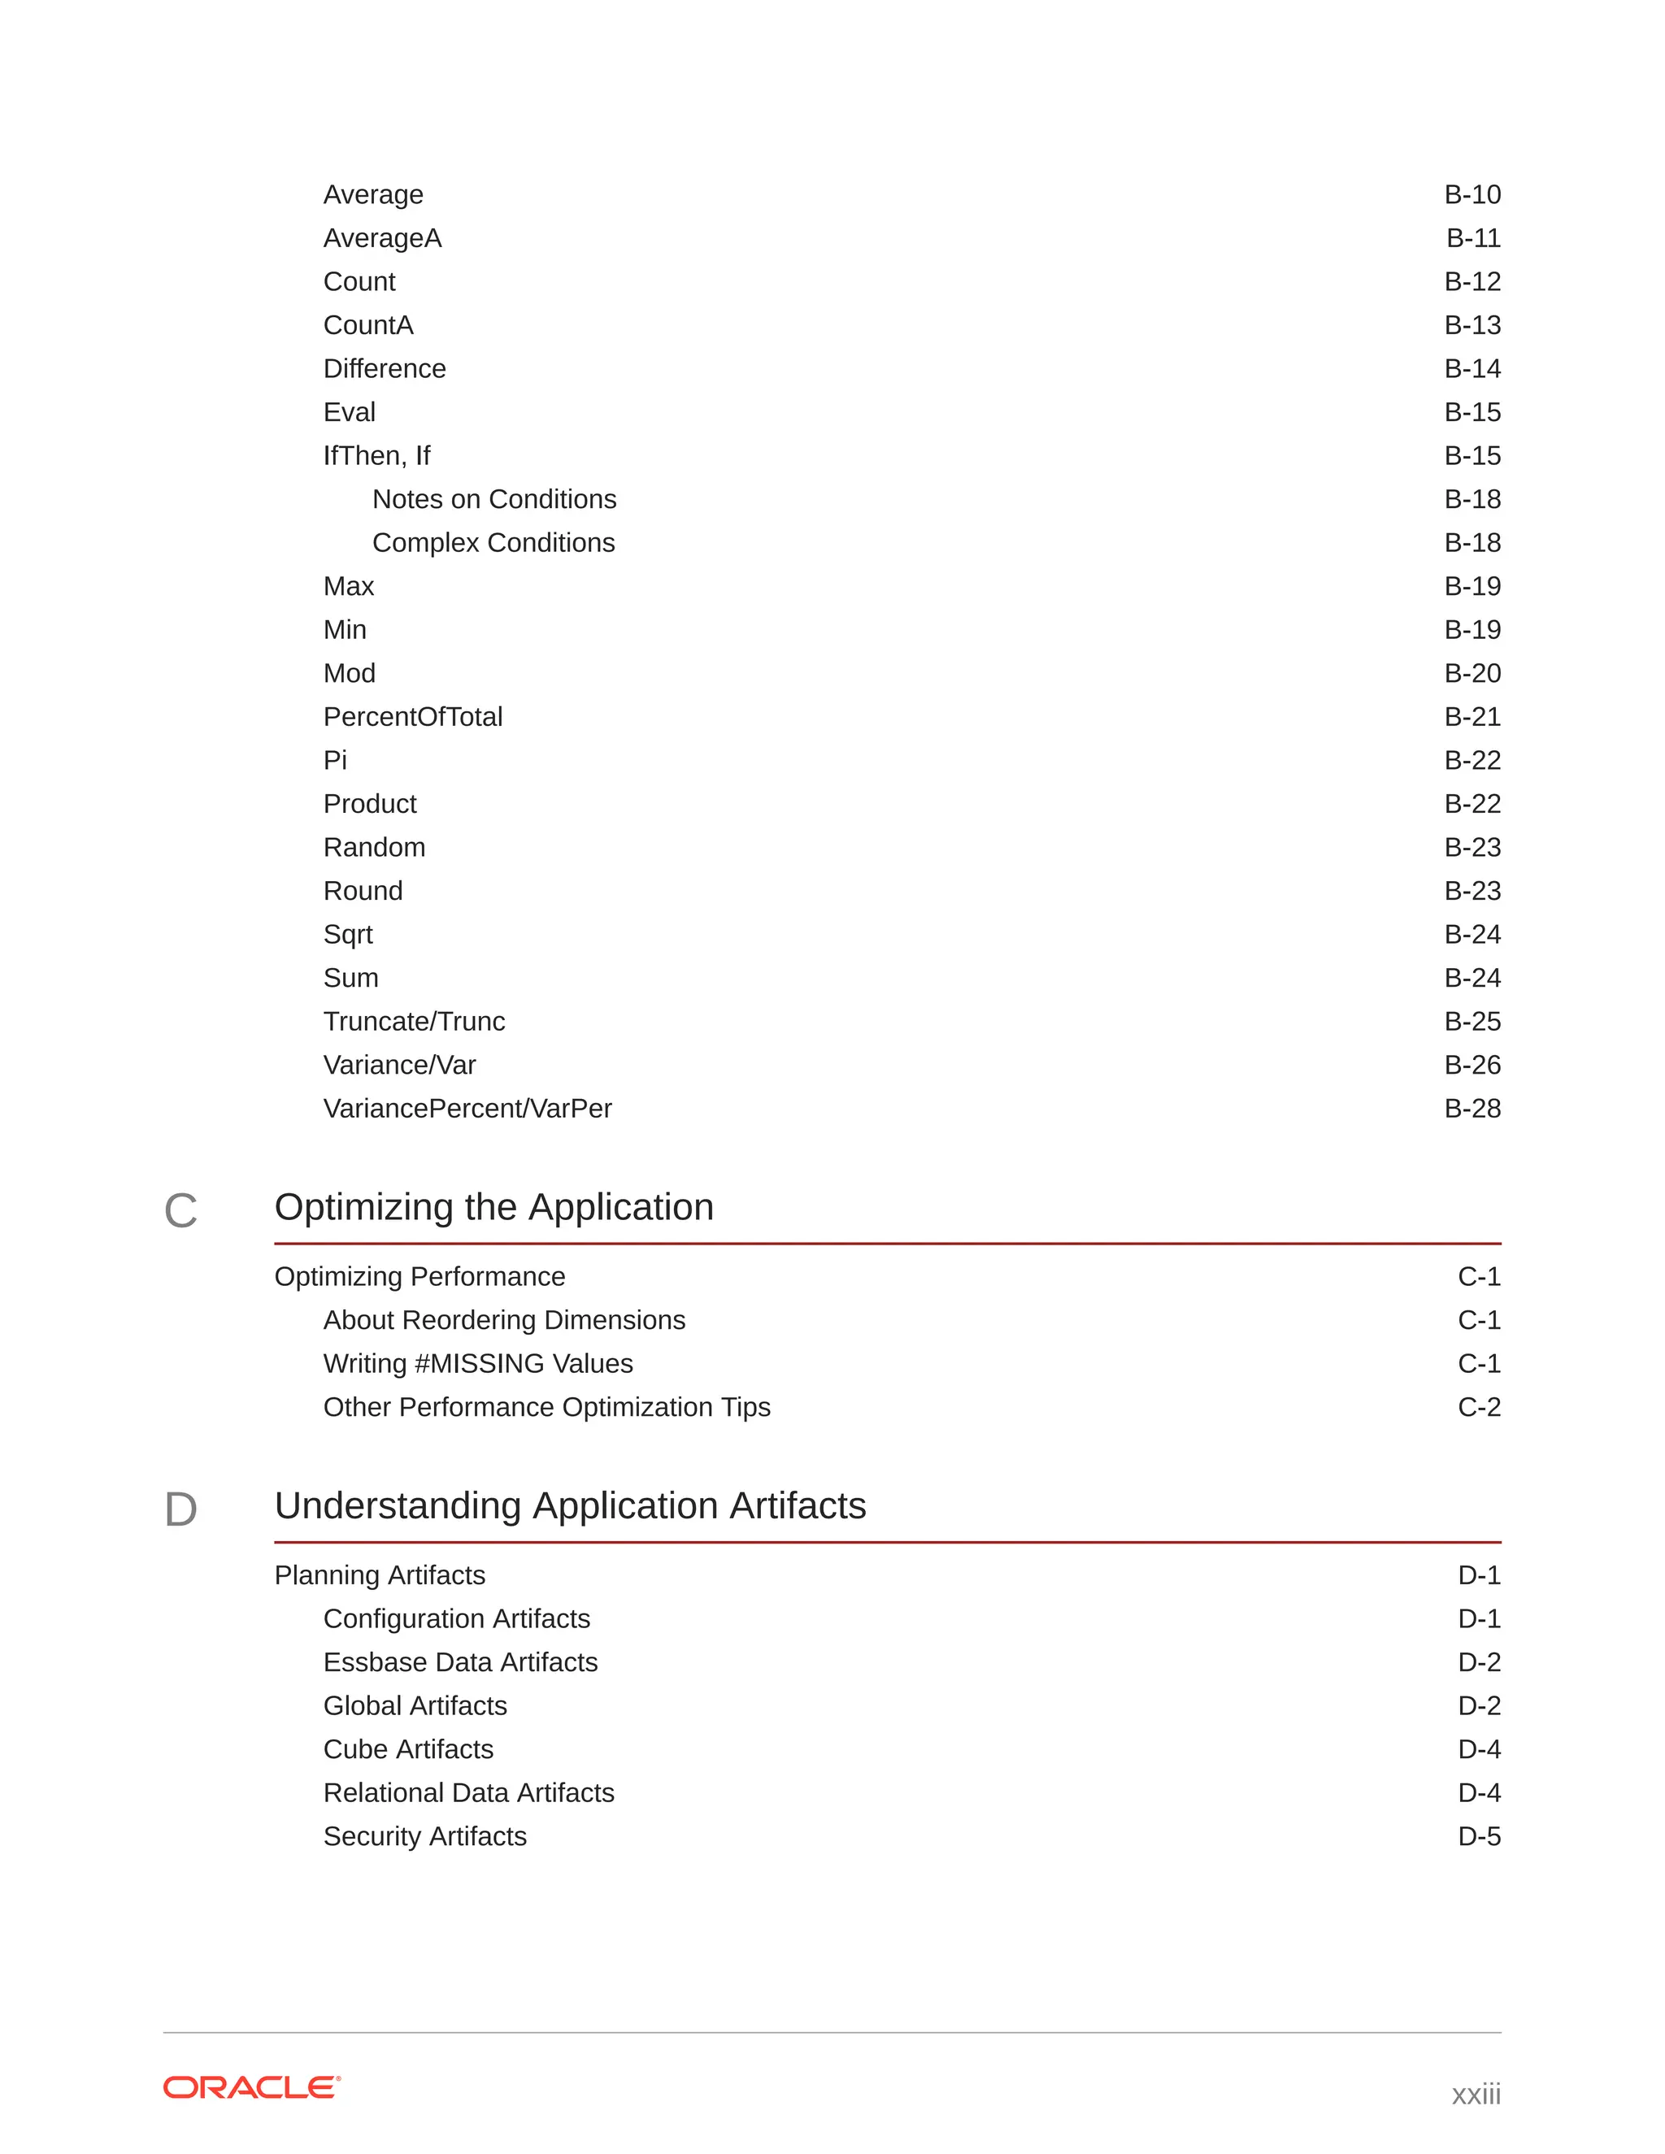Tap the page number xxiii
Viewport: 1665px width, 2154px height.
pyautogui.click(x=1476, y=2093)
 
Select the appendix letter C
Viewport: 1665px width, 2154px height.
pyautogui.click(x=180, y=1211)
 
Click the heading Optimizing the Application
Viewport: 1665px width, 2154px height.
pyautogui.click(x=493, y=1207)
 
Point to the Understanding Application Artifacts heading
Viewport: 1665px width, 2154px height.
pyautogui.click(x=570, y=1506)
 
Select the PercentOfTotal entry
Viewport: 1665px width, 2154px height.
pyautogui.click(x=412, y=717)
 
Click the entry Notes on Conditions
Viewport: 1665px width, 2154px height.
pyautogui.click(x=493, y=499)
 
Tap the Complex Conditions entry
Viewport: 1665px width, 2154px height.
pyautogui.click(x=493, y=542)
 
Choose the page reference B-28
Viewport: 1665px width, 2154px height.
pyautogui.click(x=1472, y=1109)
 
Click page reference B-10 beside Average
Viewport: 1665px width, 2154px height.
pyautogui.click(x=1472, y=194)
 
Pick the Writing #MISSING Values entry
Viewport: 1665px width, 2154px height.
pyautogui.click(x=477, y=1364)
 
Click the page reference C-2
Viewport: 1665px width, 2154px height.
pyautogui.click(x=1479, y=1407)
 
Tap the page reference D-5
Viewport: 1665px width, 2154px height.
pyautogui.click(x=1479, y=1836)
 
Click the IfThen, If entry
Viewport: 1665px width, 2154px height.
pyautogui.click(x=376, y=456)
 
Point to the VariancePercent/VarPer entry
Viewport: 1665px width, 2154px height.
pyautogui.click(x=467, y=1109)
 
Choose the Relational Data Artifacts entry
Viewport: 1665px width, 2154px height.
pyautogui.click(x=468, y=1793)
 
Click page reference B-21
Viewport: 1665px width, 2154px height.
pyautogui.click(x=1472, y=717)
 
